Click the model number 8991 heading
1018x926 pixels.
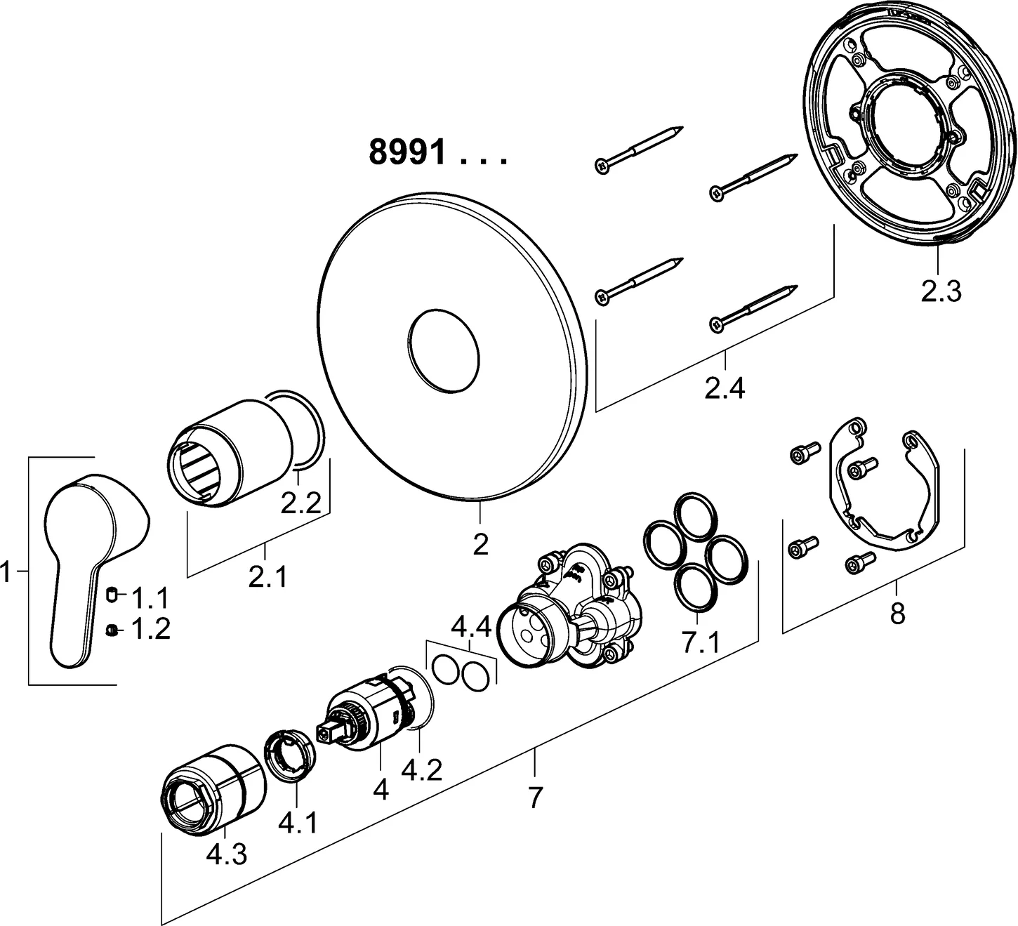click(x=407, y=152)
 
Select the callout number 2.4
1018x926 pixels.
click(x=725, y=388)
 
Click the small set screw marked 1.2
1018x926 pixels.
click(x=112, y=630)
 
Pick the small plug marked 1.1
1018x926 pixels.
click(x=111, y=596)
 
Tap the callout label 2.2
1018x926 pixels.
click(x=300, y=503)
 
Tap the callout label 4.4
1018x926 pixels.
click(x=470, y=626)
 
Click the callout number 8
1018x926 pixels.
click(x=897, y=614)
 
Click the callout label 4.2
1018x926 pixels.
click(x=421, y=770)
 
